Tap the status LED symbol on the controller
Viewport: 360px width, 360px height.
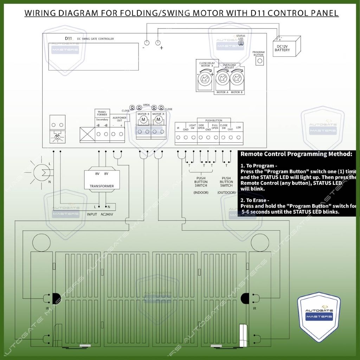pyautogui.click(x=241, y=43)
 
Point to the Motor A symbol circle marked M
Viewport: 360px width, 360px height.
pyautogui.click(x=158, y=120)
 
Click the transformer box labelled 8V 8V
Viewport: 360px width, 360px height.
pyautogui.click(x=102, y=180)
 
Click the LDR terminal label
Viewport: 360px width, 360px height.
pyautogui.click(x=238, y=127)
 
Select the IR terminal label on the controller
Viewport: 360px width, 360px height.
pyautogui.click(x=178, y=128)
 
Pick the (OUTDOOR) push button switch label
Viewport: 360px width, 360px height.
pyautogui.click(x=226, y=193)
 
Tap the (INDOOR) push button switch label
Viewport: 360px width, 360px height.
pyautogui.click(x=201, y=193)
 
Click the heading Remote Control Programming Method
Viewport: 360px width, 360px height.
pyautogui.click(x=296, y=154)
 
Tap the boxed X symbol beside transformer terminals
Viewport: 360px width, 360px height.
pyautogui.click(x=88, y=134)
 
